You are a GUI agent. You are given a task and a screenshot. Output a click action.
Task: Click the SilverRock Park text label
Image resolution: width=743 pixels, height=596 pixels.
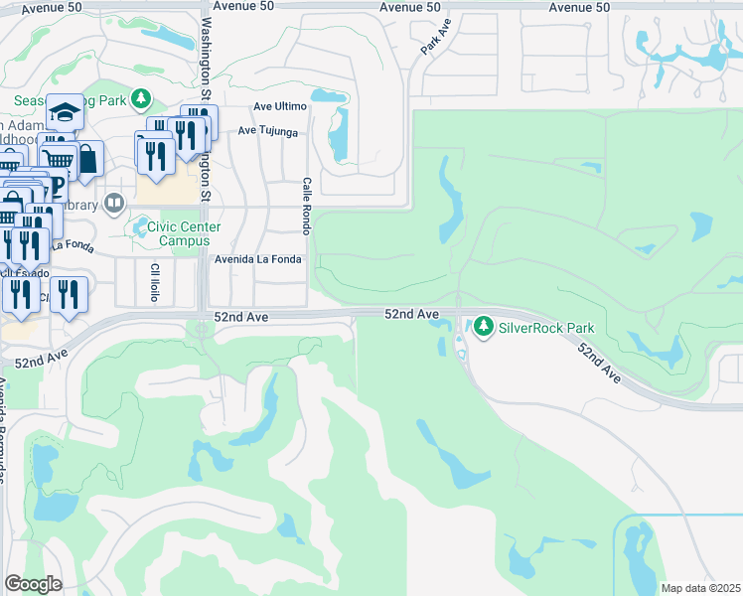point(546,326)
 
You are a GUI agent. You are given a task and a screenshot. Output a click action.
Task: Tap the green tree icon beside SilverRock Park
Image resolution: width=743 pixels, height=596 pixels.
point(484,326)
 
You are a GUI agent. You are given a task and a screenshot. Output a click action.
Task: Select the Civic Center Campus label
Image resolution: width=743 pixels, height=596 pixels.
point(185,232)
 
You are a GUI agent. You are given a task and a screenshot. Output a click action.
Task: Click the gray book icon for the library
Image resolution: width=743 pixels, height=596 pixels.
point(114,204)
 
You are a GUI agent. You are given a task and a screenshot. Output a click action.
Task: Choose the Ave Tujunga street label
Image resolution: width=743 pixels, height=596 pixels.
point(268,131)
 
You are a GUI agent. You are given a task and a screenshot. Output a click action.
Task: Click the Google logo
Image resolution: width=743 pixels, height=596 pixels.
point(33,584)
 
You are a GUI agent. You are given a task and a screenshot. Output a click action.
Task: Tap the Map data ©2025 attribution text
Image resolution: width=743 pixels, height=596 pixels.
point(700,588)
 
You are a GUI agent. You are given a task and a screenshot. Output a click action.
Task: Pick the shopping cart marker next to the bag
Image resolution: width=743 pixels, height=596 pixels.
point(60,158)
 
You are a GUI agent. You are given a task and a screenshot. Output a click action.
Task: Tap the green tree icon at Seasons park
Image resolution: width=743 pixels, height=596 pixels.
point(141,98)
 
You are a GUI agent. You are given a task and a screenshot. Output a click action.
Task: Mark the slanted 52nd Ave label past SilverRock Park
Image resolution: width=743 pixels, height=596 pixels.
point(600,365)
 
